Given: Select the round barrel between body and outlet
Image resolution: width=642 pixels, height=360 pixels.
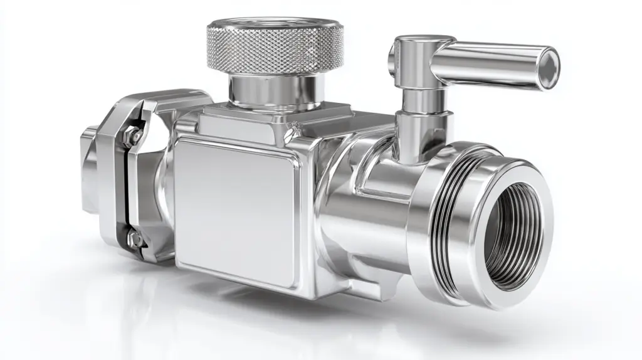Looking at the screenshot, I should point(364,201).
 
